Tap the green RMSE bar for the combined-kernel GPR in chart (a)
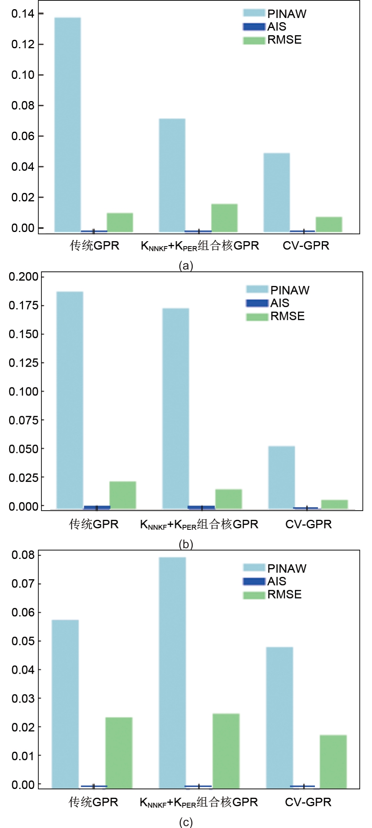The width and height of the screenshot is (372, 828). coord(225,218)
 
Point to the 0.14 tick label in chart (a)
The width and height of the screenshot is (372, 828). coord(23,14)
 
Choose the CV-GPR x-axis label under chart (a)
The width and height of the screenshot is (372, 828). coord(306,245)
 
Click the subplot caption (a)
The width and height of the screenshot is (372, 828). coord(186,265)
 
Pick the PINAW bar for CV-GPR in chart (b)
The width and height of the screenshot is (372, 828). coord(282,477)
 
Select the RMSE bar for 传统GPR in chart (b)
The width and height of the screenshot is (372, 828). coord(123,495)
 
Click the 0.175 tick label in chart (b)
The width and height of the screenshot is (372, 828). coord(24,305)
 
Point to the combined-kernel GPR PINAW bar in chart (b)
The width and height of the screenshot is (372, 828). coord(175,408)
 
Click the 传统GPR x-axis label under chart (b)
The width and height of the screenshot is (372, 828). coord(94,524)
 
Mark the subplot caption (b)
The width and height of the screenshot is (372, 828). coord(186,544)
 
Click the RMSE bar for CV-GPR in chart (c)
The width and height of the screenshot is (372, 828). coord(333,761)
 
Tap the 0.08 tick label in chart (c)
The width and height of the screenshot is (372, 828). coord(23,555)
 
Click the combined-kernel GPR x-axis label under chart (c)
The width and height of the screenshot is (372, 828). coord(199,802)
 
